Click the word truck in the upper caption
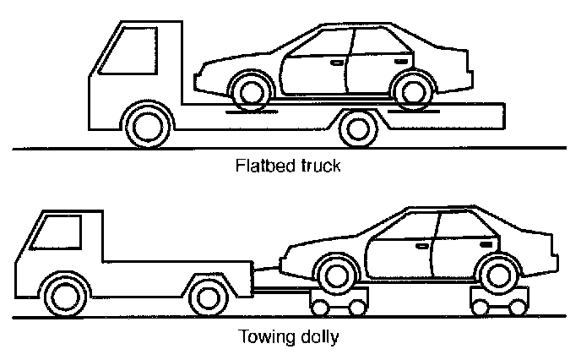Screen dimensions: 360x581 (320, 166)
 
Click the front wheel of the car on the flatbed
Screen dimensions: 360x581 (244, 90)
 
